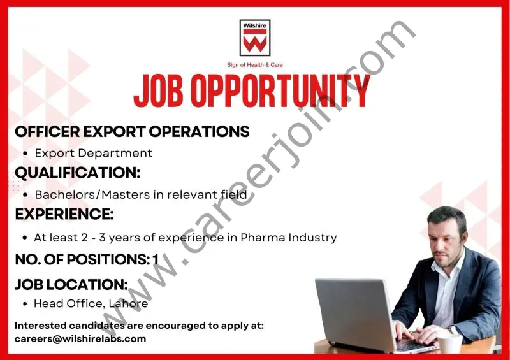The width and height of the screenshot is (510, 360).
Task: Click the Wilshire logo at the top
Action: (x=255, y=38)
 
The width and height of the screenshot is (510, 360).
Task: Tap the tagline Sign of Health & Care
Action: (x=255, y=64)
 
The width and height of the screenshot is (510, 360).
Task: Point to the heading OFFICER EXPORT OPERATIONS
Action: (x=132, y=132)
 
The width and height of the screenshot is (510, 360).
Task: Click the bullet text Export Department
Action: (x=93, y=153)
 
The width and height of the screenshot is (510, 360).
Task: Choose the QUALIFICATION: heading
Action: (x=77, y=173)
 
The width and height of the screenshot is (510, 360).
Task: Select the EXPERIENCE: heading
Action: (x=64, y=215)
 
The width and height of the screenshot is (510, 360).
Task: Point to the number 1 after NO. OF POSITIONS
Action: (x=155, y=259)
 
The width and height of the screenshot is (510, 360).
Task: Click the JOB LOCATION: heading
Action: (x=71, y=284)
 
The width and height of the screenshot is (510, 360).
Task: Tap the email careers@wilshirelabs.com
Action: (x=80, y=338)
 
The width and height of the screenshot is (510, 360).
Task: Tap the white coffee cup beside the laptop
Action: (x=451, y=343)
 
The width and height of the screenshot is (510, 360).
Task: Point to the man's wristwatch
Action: (x=453, y=329)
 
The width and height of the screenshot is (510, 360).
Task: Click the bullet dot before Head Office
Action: (x=24, y=304)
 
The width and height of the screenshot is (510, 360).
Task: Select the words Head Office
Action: (x=67, y=303)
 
